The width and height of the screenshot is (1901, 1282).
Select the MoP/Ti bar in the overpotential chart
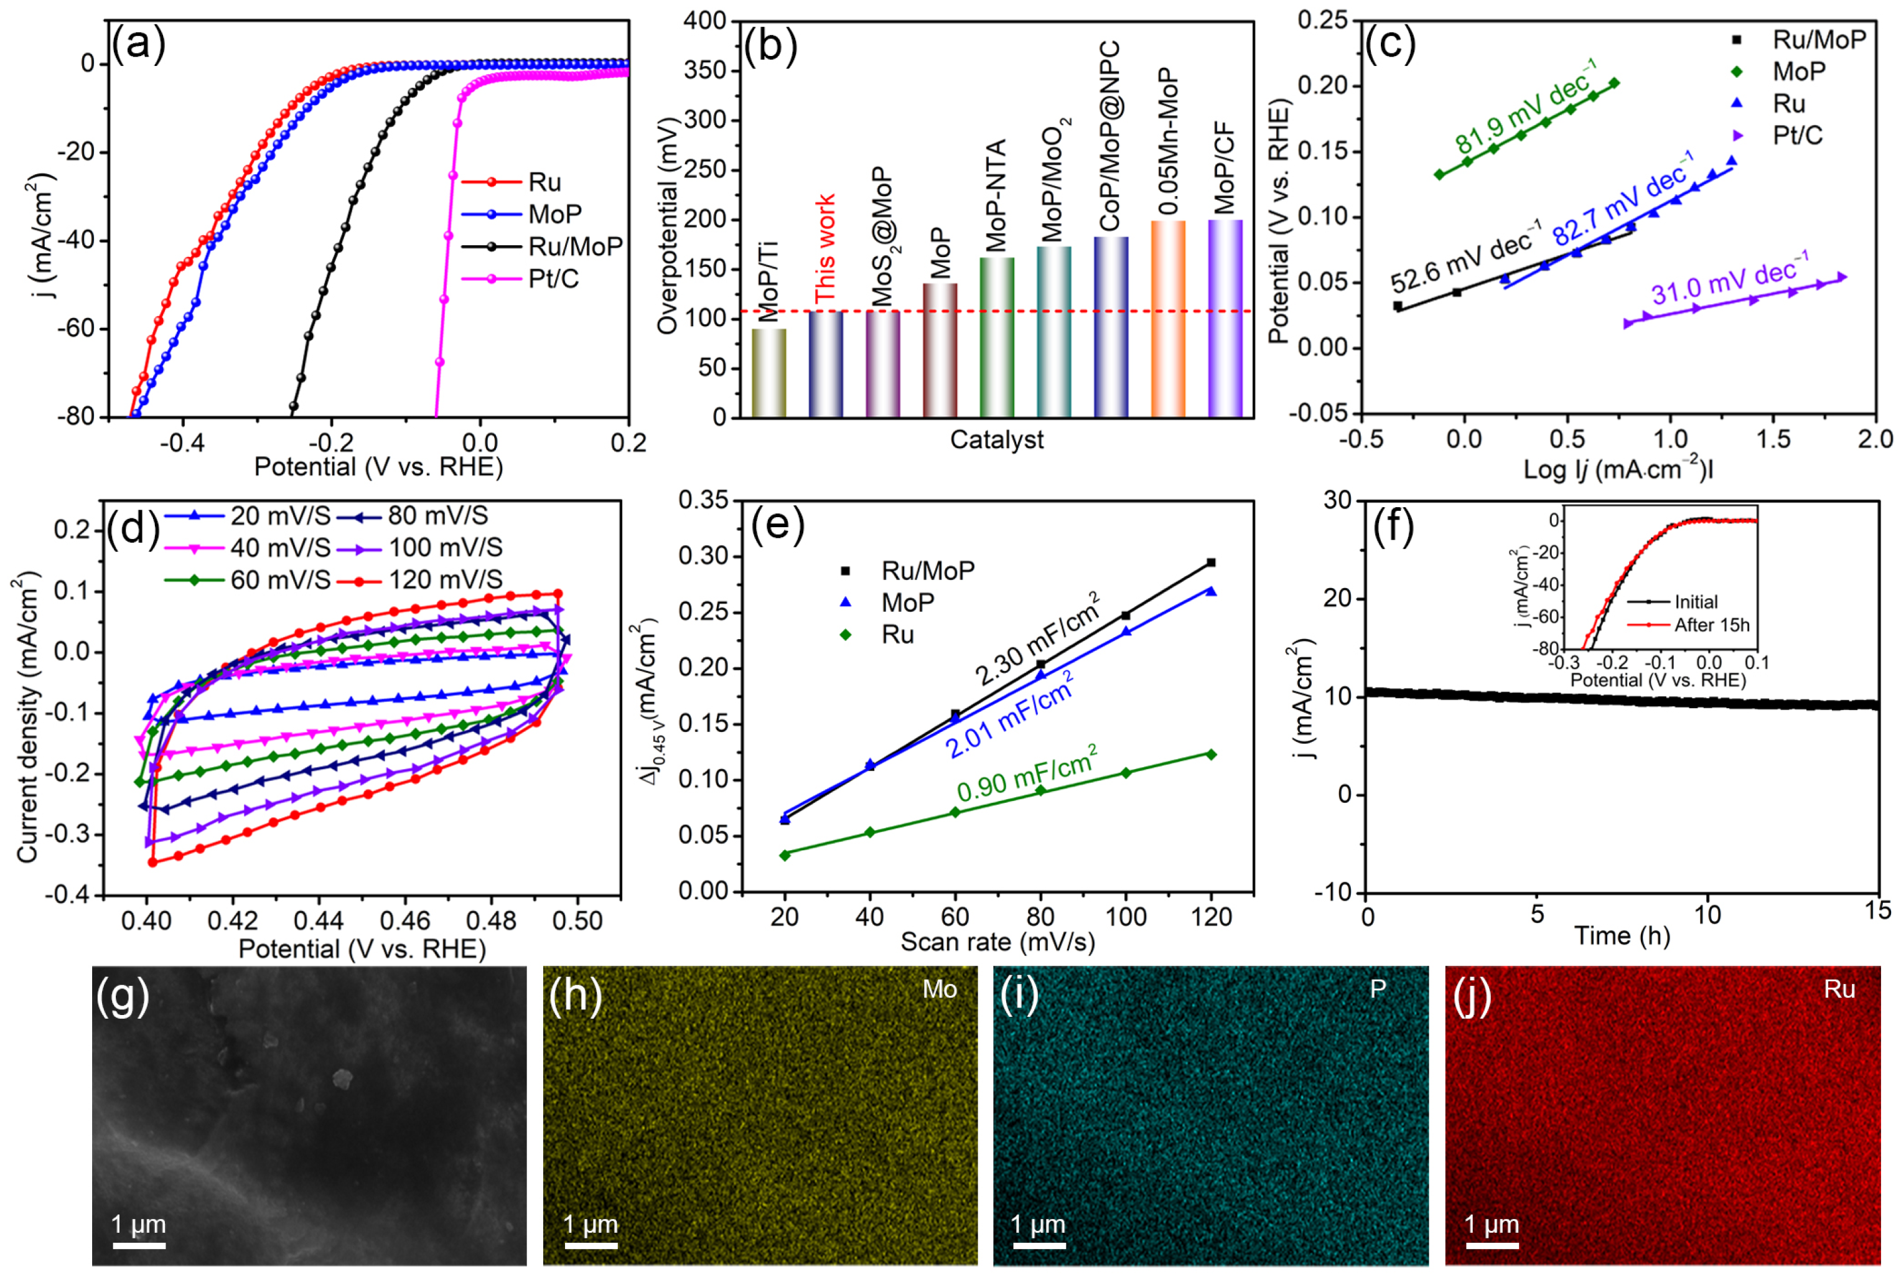click(768, 372)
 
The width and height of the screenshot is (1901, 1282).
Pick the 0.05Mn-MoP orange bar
click(1168, 319)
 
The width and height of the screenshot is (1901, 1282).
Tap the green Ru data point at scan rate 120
click(1211, 754)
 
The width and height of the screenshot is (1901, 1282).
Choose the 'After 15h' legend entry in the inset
click(1711, 625)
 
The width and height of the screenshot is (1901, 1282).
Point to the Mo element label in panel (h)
click(939, 990)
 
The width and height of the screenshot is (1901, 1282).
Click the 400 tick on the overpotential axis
click(704, 21)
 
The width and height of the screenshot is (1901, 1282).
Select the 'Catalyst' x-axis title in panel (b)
click(996, 440)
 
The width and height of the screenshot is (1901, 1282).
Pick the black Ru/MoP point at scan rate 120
click(1211, 563)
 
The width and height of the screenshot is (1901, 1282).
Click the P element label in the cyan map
click(1378, 990)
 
